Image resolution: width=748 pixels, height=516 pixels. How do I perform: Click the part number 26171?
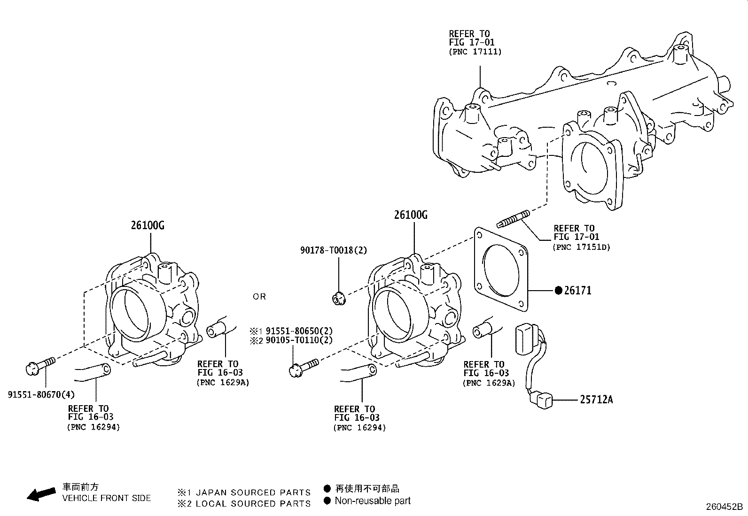pyautogui.click(x=577, y=291)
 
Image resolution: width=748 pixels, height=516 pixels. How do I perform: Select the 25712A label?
pyautogui.click(x=596, y=400)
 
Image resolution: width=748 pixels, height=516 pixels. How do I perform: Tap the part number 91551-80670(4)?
pyautogui.click(x=41, y=395)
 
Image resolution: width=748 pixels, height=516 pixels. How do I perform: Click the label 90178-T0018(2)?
pyautogui.click(x=333, y=250)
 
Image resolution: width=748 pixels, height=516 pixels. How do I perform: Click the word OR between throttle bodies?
pyautogui.click(x=259, y=297)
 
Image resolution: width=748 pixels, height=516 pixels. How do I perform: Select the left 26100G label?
pyautogui.click(x=148, y=225)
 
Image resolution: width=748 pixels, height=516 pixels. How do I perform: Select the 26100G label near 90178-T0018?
pyautogui.click(x=411, y=215)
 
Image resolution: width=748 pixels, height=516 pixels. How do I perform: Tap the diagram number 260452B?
pyautogui.click(x=724, y=507)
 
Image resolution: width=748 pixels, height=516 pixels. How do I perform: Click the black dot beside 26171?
pyautogui.click(x=558, y=291)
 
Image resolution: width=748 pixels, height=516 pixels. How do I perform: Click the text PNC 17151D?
pyautogui.click(x=581, y=247)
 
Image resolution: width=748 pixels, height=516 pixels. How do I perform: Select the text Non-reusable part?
pyautogui.click(x=372, y=501)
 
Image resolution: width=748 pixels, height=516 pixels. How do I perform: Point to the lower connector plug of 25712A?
pyautogui.click(x=542, y=400)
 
